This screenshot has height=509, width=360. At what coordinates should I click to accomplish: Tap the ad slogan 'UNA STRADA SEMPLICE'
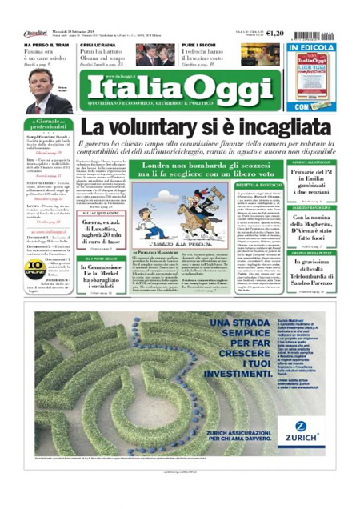187,335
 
